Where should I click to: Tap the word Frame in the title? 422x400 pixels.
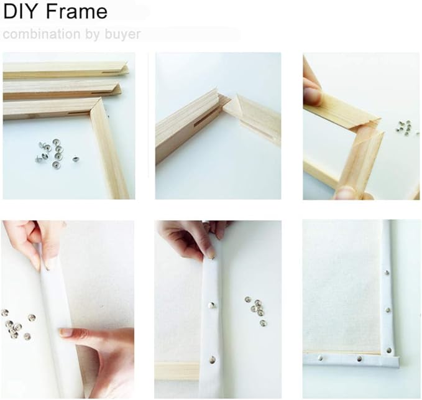(x=76, y=12)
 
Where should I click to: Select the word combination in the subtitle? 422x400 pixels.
(x=42, y=34)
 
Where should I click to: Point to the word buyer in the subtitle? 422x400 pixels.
(x=122, y=35)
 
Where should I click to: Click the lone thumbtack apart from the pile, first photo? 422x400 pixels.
(x=76, y=159)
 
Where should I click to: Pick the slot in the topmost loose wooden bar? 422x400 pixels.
(x=112, y=73)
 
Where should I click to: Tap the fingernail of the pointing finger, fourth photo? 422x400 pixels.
(x=65, y=332)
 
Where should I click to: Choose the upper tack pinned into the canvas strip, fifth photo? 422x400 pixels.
(x=211, y=305)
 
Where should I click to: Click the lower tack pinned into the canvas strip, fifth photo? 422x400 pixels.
(x=213, y=360)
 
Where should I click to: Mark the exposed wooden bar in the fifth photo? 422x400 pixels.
(x=177, y=371)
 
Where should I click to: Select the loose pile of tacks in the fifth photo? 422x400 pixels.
(x=256, y=310)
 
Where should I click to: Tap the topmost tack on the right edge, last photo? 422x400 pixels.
(x=387, y=272)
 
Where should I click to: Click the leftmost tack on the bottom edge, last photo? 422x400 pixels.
(x=320, y=358)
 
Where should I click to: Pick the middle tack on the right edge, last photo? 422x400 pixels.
(x=388, y=310)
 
